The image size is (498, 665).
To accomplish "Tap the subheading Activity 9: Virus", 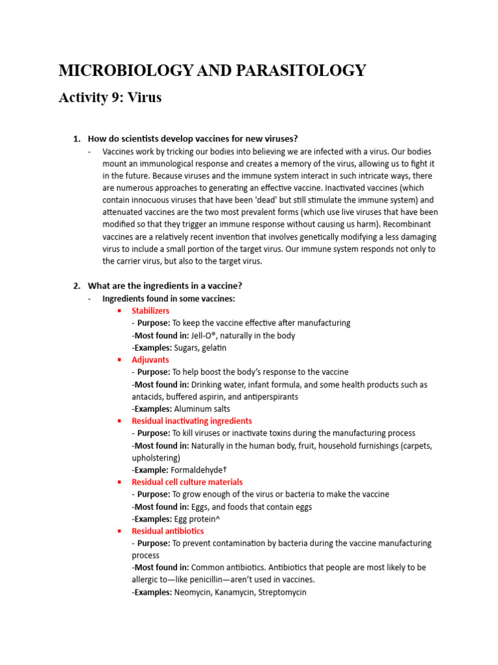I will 110,98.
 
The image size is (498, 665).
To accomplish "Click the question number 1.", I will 76,139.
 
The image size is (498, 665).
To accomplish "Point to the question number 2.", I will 76,286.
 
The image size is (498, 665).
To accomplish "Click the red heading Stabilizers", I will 150,311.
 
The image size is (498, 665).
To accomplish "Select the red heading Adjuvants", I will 150,360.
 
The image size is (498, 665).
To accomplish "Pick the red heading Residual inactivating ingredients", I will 192,421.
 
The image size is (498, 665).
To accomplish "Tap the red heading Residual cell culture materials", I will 187,482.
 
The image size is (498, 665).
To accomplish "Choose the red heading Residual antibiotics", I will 167,531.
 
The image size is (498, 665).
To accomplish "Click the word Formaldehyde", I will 200,470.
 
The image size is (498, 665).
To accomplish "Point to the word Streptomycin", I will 281,592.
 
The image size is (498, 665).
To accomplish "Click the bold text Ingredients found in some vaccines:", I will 169,299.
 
